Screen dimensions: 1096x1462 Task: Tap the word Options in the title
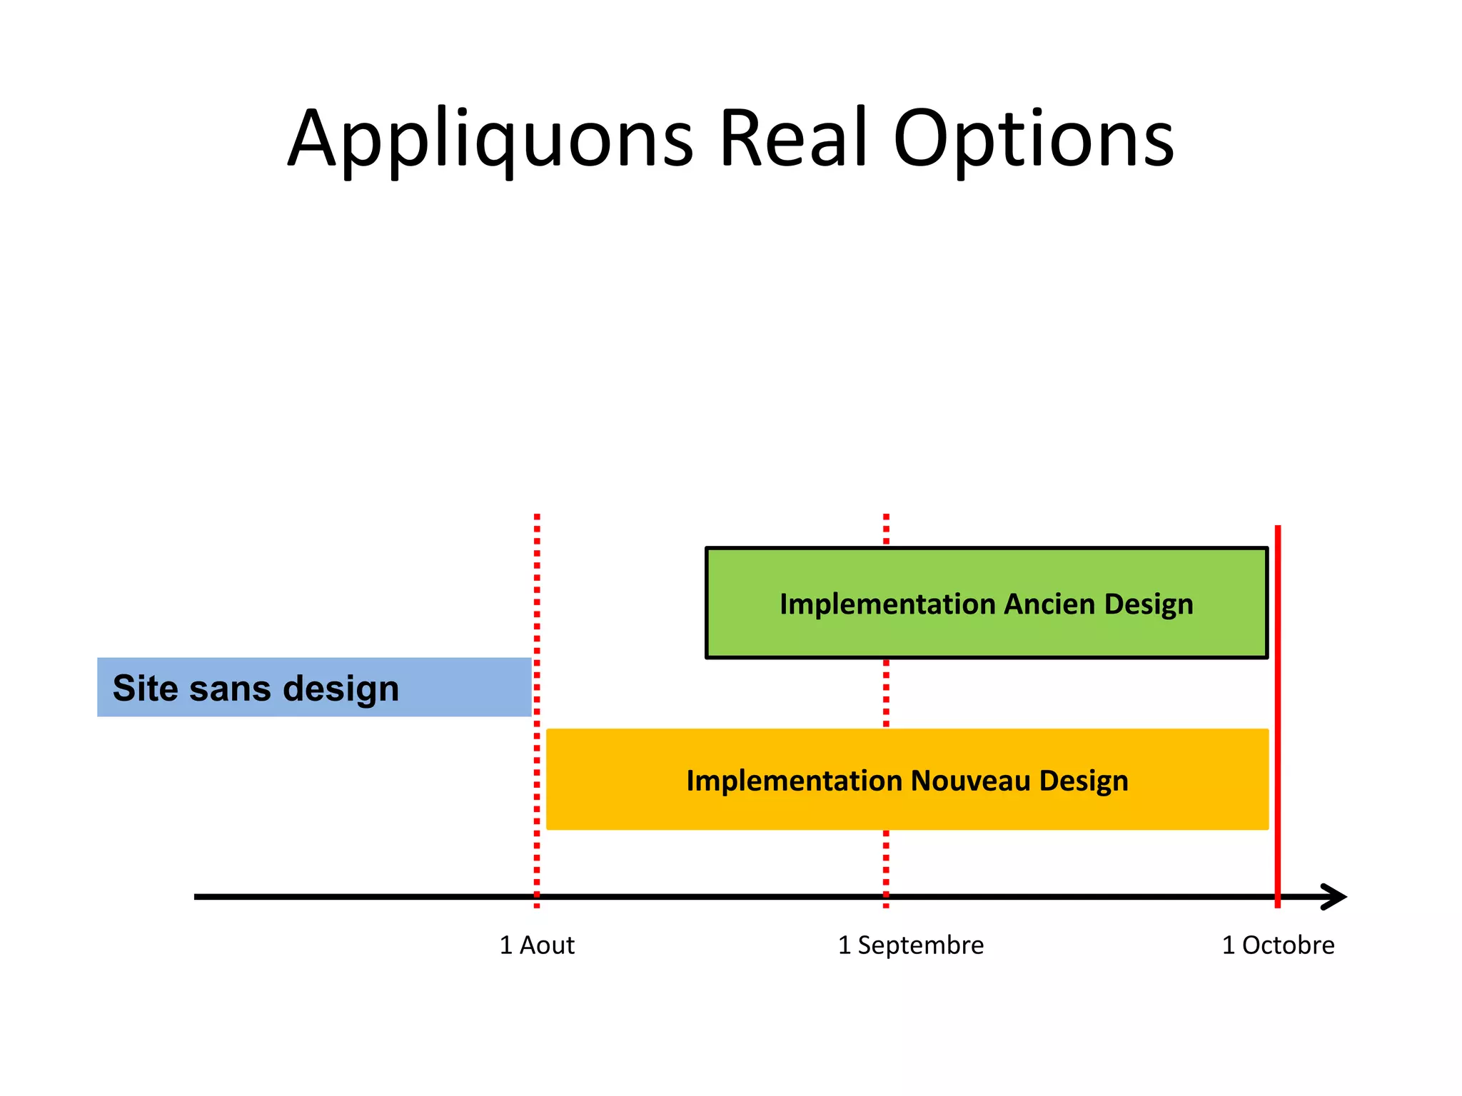[x=1033, y=139]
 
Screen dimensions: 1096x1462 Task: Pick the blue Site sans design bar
[x=314, y=687]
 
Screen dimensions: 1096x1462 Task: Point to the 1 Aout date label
[x=537, y=945]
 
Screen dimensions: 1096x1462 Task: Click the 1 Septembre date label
[x=910, y=945]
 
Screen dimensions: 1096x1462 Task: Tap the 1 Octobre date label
[x=1278, y=945]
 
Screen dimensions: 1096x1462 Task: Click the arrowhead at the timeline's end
[x=1335, y=897]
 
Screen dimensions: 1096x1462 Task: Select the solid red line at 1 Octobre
[x=1278, y=714]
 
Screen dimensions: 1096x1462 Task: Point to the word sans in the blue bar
[x=230, y=688]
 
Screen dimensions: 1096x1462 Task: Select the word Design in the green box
[x=1149, y=604]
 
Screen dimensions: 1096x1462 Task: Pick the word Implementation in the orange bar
[x=793, y=781]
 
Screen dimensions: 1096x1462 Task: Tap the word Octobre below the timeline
[x=1288, y=945]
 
